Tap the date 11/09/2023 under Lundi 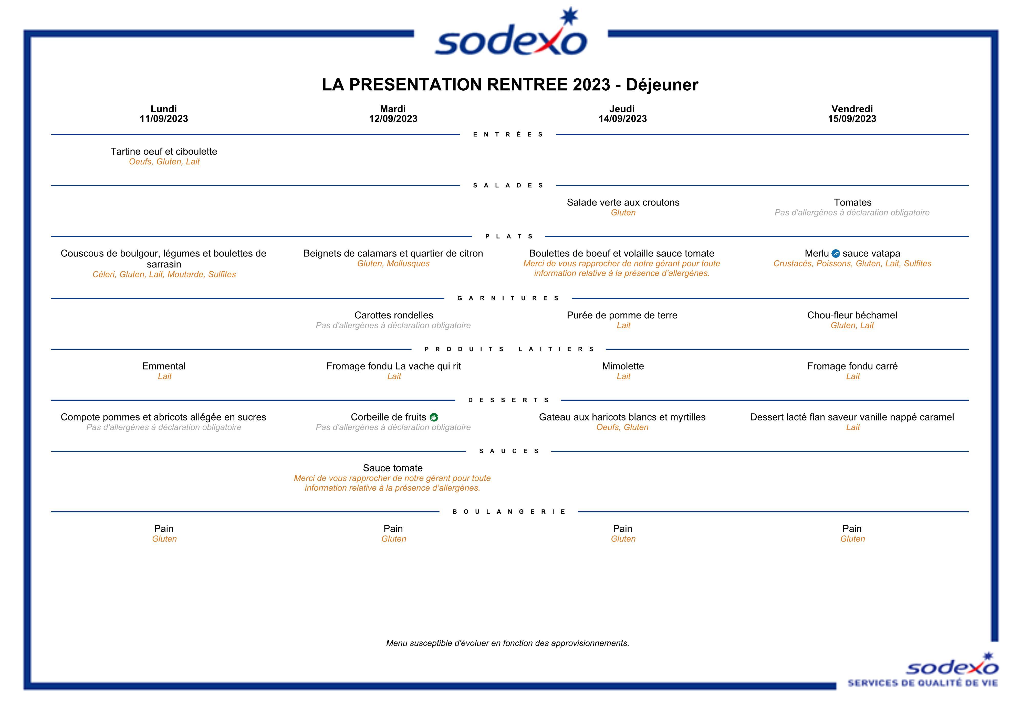164,119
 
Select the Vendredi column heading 851,109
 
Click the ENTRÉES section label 508,134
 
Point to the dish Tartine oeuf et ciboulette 164,152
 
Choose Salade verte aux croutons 623,202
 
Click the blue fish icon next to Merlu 836,254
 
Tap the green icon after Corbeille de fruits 434,417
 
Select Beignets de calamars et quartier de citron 393,254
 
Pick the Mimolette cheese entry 623,366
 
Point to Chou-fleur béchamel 851,315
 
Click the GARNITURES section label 508,298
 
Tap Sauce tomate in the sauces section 393,468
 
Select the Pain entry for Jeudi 622,529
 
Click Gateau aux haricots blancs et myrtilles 622,417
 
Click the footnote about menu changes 507,643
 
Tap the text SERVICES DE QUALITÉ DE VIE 922,683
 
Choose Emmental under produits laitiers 164,366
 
